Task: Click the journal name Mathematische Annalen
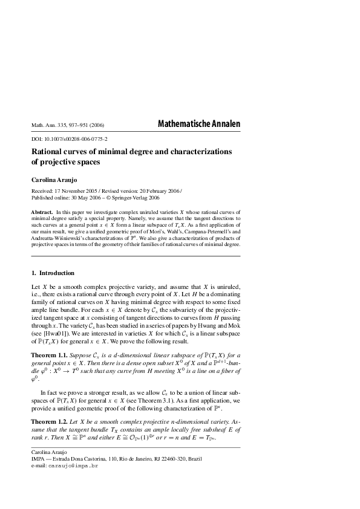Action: pyautogui.click(x=198, y=124)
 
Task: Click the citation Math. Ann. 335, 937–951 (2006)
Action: pyautogui.click(x=68, y=126)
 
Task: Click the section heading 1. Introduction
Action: pyautogui.click(x=53, y=273)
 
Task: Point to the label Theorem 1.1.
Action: pyautogui.click(x=51, y=354)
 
